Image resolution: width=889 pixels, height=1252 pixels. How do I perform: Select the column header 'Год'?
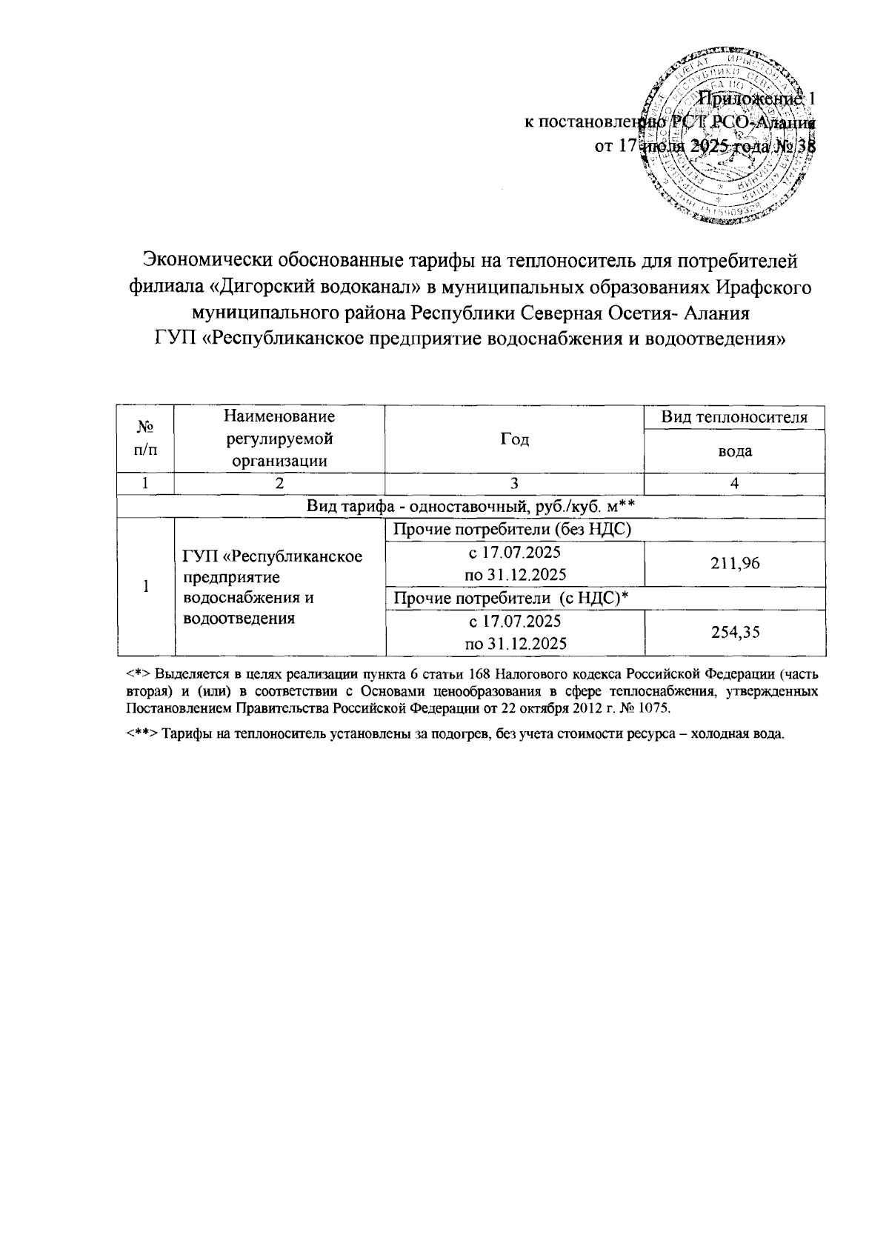coord(514,439)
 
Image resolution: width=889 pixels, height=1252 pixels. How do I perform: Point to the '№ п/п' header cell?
coord(145,438)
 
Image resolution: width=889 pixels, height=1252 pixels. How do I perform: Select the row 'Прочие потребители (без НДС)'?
coord(513,530)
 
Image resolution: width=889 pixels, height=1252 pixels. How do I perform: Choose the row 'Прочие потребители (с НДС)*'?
coord(513,599)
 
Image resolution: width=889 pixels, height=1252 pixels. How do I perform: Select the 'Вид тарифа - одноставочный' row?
coord(473,506)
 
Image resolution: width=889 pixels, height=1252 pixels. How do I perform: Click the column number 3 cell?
coord(513,483)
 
